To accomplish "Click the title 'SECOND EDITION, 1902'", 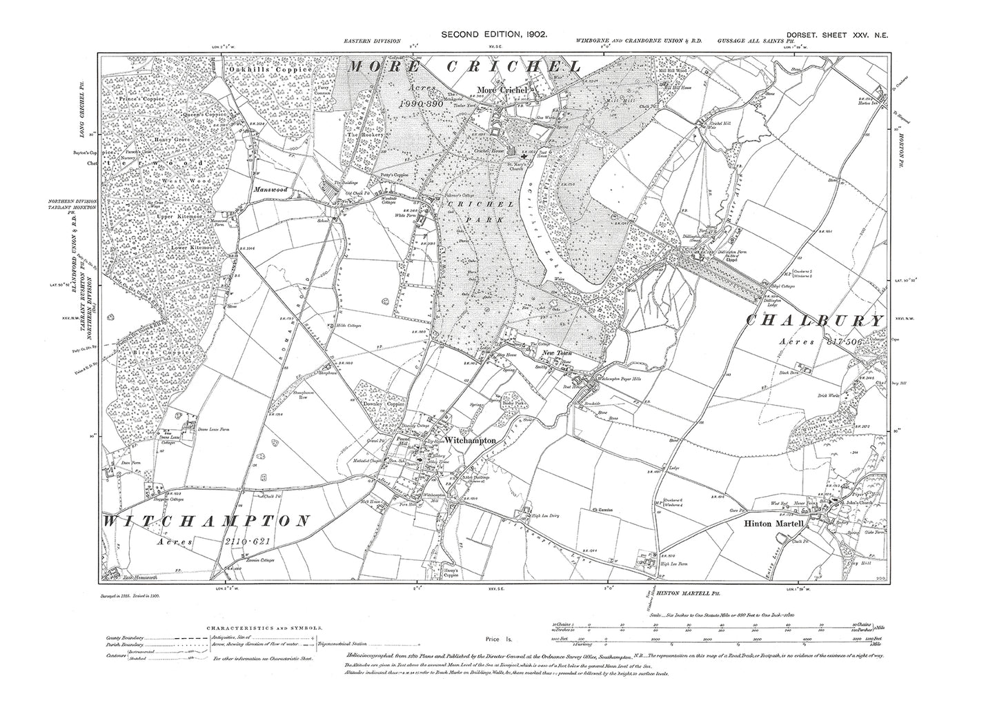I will point(494,34).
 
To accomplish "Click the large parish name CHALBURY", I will point(815,321).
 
